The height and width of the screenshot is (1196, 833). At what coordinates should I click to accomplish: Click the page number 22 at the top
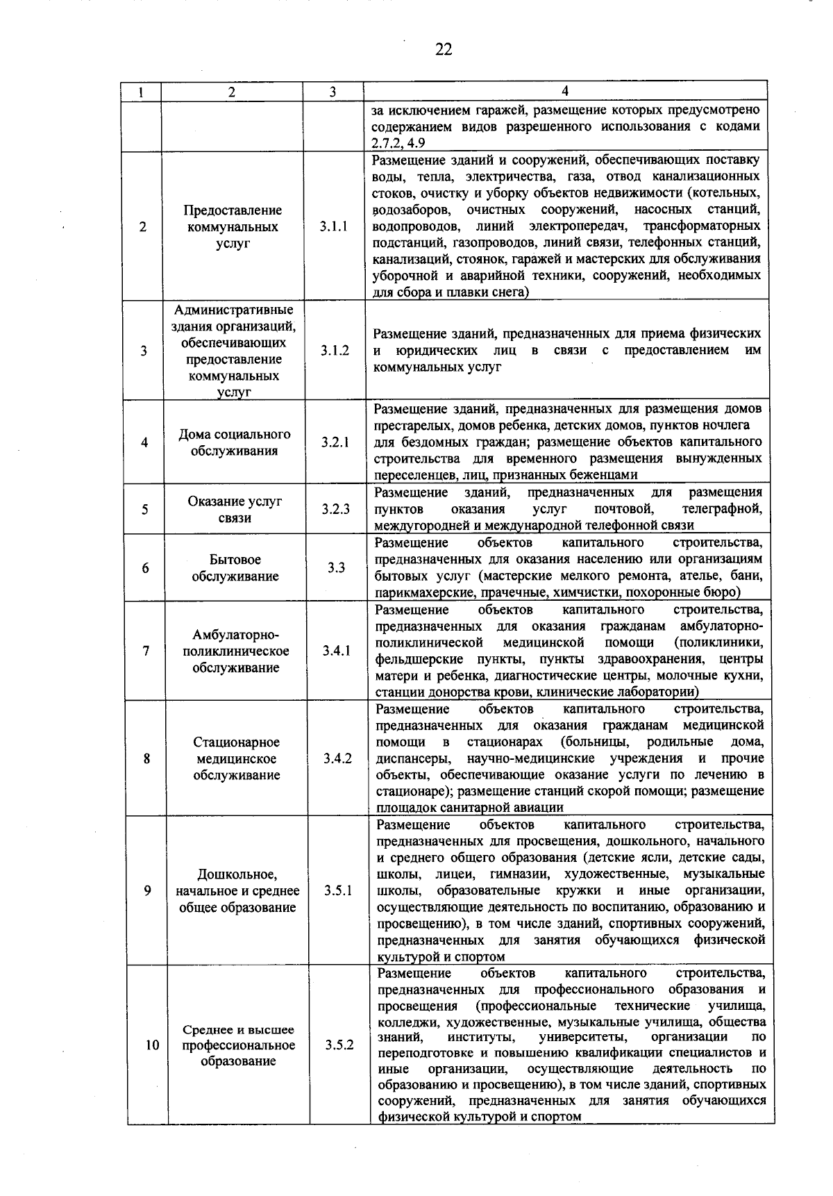[x=444, y=49]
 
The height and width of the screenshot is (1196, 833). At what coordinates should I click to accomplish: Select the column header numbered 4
[x=565, y=91]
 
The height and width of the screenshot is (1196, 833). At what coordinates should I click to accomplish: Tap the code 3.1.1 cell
[x=334, y=226]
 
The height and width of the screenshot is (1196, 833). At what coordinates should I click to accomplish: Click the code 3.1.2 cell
[x=335, y=351]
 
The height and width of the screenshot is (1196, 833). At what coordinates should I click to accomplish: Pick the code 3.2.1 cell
[x=335, y=442]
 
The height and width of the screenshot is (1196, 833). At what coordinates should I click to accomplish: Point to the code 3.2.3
[x=336, y=509]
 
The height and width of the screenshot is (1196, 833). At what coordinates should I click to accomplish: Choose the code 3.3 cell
[x=337, y=567]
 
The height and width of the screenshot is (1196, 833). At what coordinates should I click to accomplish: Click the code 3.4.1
[x=337, y=651]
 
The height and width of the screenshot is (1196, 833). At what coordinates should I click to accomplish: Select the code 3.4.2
[x=337, y=758]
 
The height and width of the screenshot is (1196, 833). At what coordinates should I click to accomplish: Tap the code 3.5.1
[x=338, y=890]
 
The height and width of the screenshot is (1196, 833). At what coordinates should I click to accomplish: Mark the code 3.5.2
[x=339, y=1045]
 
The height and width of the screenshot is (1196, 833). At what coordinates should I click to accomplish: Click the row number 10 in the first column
[x=153, y=1045]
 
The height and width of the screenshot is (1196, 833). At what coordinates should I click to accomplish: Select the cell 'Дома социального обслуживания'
[x=235, y=442]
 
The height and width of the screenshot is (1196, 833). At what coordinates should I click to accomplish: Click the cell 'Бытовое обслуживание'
[x=235, y=567]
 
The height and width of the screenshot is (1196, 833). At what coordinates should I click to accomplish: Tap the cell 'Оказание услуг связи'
[x=235, y=509]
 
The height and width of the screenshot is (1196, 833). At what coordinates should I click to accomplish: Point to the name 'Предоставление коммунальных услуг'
[x=233, y=226]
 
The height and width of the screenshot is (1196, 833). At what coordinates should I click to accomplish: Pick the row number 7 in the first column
[x=146, y=651]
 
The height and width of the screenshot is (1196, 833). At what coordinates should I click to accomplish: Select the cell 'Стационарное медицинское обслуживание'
[x=236, y=758]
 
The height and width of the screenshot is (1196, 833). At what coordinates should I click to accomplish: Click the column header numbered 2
[x=231, y=91]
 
